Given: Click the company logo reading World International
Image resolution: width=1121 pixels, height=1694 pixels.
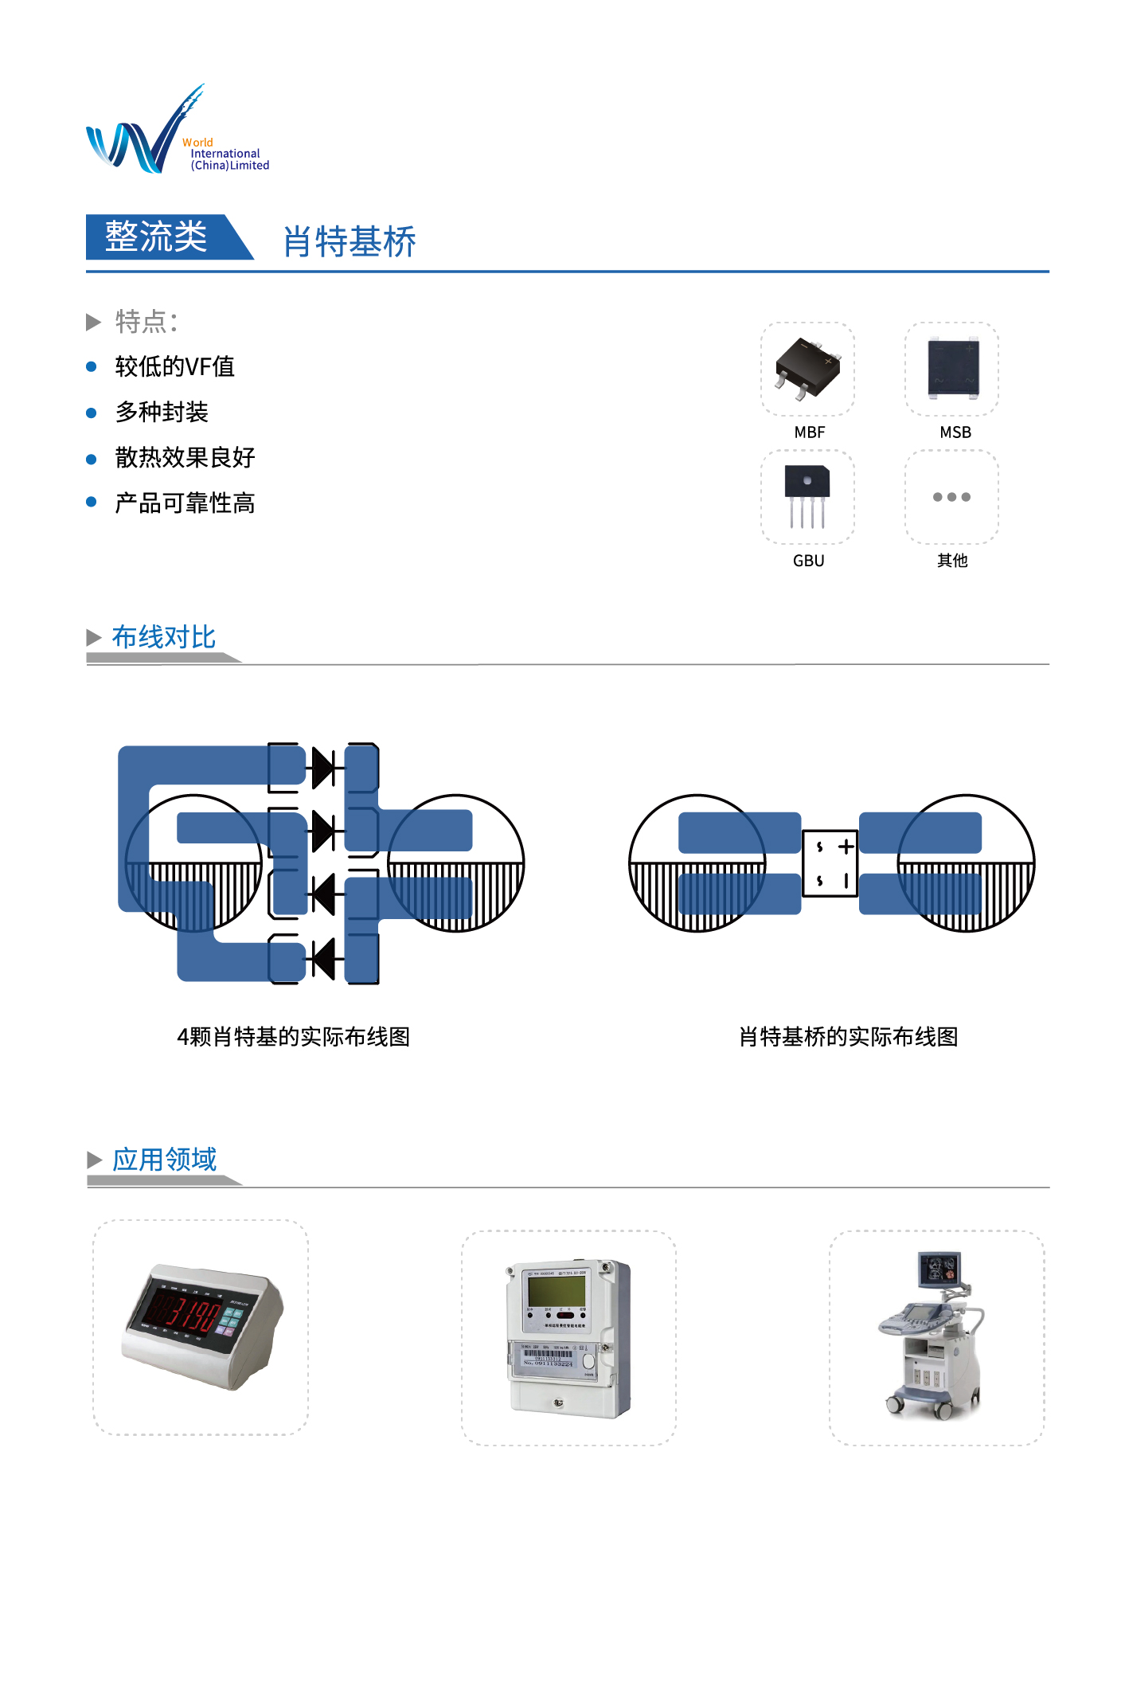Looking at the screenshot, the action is click(x=177, y=129).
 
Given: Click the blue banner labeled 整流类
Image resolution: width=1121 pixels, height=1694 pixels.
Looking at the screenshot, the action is click(x=169, y=237).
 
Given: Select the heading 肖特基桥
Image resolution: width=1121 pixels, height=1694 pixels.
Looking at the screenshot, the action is click(x=350, y=241).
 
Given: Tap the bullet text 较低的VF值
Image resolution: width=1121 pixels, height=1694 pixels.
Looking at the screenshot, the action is click(x=174, y=366).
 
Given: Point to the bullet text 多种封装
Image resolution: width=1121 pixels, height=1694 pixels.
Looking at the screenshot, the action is click(x=162, y=412).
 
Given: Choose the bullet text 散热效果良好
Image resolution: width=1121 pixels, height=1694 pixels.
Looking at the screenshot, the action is click(x=185, y=457).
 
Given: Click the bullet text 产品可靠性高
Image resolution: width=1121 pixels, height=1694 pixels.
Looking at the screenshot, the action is click(x=185, y=503).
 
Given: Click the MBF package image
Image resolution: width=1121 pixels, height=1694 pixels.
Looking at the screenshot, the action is click(x=808, y=368).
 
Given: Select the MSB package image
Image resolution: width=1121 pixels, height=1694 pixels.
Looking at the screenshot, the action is click(x=952, y=368).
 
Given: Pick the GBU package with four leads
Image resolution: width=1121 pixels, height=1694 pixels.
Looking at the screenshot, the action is click(x=807, y=496).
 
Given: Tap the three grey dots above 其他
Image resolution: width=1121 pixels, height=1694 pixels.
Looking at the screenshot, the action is click(x=952, y=497).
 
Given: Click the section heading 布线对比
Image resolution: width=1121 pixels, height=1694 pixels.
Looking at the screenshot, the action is click(x=163, y=637).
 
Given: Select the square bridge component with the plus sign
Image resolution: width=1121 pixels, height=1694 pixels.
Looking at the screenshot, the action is click(x=830, y=863).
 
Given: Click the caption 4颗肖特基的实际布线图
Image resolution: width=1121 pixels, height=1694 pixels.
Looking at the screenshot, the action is click(x=293, y=1037).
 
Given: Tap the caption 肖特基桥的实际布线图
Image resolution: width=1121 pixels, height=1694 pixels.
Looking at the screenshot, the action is click(x=849, y=1037).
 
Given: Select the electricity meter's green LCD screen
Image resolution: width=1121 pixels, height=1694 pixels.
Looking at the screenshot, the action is click(x=557, y=1291).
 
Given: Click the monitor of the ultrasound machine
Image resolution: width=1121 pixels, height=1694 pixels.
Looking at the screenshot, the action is click(x=939, y=1268).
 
